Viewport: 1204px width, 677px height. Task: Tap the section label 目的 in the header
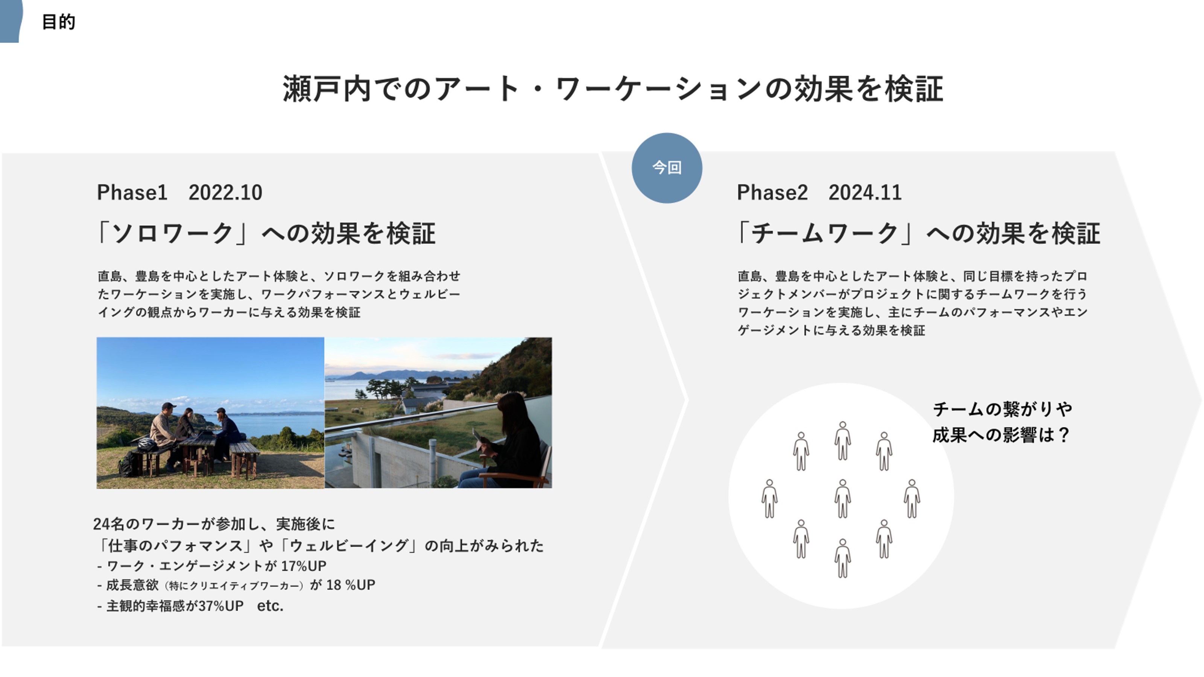pos(58,22)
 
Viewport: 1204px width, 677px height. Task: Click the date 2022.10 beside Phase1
pos(225,193)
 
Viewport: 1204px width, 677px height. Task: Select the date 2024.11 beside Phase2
pos(865,193)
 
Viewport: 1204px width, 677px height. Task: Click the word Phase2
pos(772,193)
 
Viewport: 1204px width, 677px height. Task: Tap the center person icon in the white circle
pos(842,498)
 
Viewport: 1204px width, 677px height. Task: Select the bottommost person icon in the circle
pos(842,558)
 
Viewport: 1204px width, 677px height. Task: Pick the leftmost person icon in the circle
pos(769,498)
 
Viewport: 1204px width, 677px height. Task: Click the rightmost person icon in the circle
pos(912,498)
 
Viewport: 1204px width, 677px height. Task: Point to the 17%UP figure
pos(304,566)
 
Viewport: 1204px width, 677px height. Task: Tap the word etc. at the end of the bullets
pos(270,606)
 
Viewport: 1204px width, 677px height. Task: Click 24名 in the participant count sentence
pos(109,524)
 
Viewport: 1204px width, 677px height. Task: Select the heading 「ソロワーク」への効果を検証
pos(266,233)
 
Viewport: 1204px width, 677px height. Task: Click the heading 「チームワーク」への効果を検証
pos(919,233)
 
